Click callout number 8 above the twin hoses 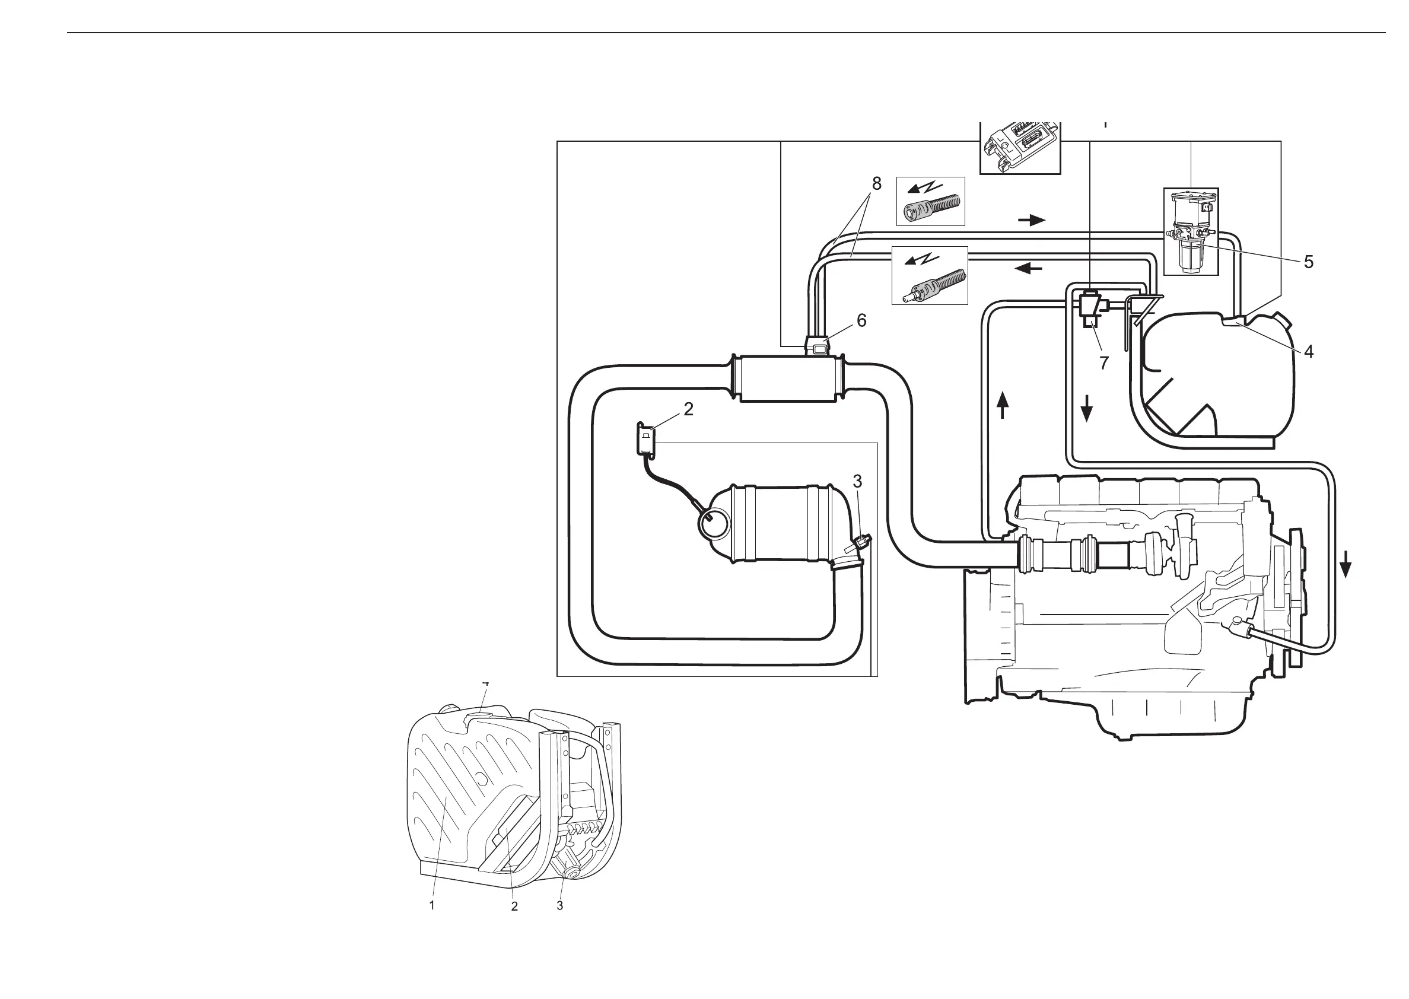[876, 184]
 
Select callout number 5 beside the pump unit [1309, 262]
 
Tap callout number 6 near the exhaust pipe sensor [861, 320]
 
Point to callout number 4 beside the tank [1309, 352]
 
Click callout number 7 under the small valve [1104, 364]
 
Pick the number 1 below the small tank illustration [432, 905]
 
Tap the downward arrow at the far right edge [1346, 564]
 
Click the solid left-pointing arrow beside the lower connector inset [1028, 268]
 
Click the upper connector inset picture [930, 201]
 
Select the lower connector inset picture [930, 276]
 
